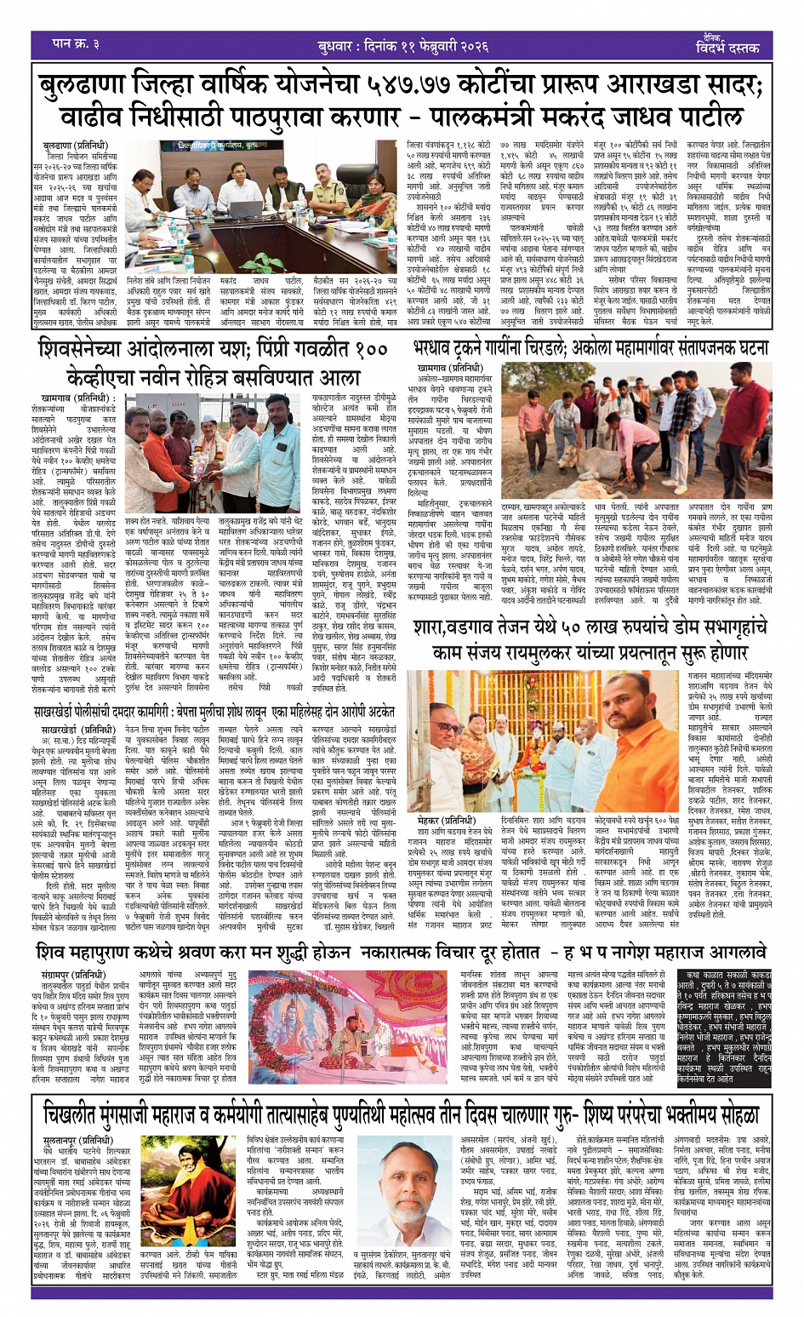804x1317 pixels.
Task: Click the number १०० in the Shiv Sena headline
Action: coord(373,349)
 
